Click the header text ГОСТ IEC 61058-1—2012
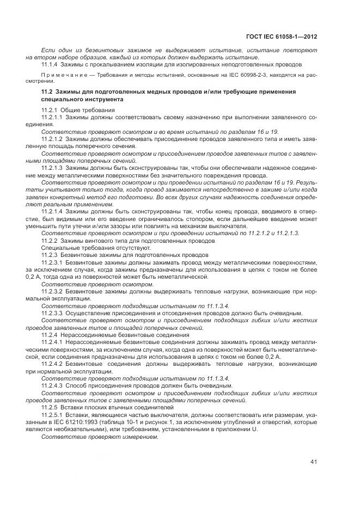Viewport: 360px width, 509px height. click(x=283, y=37)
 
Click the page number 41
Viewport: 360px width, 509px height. click(x=314, y=462)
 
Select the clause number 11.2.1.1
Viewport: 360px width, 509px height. click(x=52, y=118)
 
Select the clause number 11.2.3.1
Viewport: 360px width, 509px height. click(x=52, y=262)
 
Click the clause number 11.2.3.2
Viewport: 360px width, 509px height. click(x=52, y=291)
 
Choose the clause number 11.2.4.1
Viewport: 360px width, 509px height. click(x=52, y=341)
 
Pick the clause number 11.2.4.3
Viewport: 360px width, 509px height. click(x=52, y=385)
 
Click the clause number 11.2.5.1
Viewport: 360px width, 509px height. click(x=52, y=414)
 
